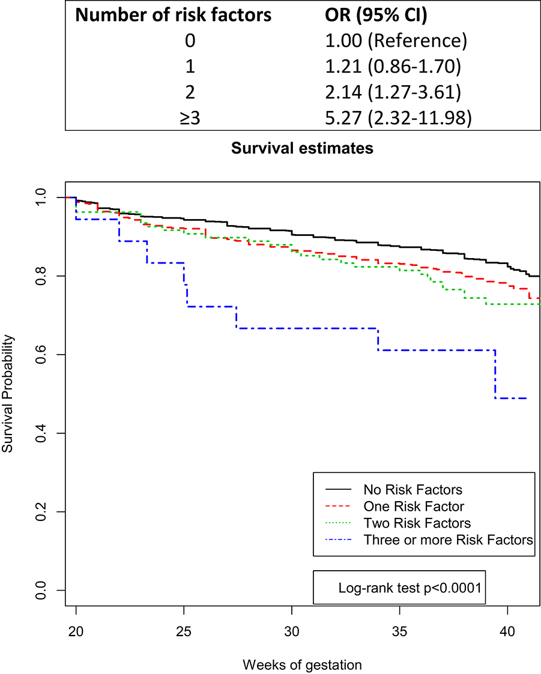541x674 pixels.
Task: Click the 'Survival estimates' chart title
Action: tap(302, 148)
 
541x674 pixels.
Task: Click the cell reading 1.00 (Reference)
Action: tap(391, 42)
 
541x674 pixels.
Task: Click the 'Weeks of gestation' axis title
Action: tap(302, 664)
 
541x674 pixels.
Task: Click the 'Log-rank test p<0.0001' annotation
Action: tap(410, 588)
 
